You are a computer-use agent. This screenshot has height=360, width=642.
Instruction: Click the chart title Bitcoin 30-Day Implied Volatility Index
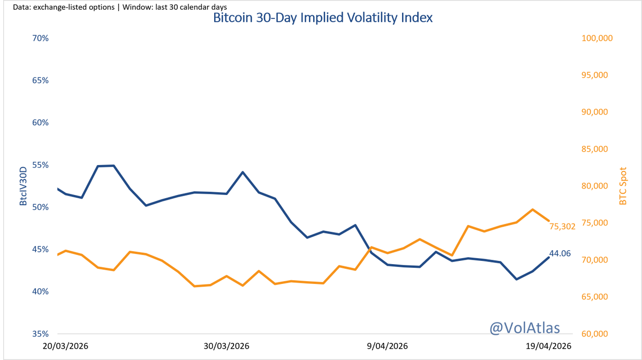click(322, 18)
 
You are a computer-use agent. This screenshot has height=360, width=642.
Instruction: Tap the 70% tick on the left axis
click(41, 39)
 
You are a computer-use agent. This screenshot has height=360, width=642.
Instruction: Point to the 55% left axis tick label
click(41, 165)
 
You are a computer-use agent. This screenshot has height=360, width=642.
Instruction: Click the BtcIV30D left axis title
click(24, 186)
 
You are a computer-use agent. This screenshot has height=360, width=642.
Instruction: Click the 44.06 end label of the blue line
click(560, 253)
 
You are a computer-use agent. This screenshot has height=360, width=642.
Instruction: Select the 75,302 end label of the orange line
click(562, 227)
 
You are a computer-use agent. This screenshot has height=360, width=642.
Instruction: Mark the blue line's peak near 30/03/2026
click(243, 172)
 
